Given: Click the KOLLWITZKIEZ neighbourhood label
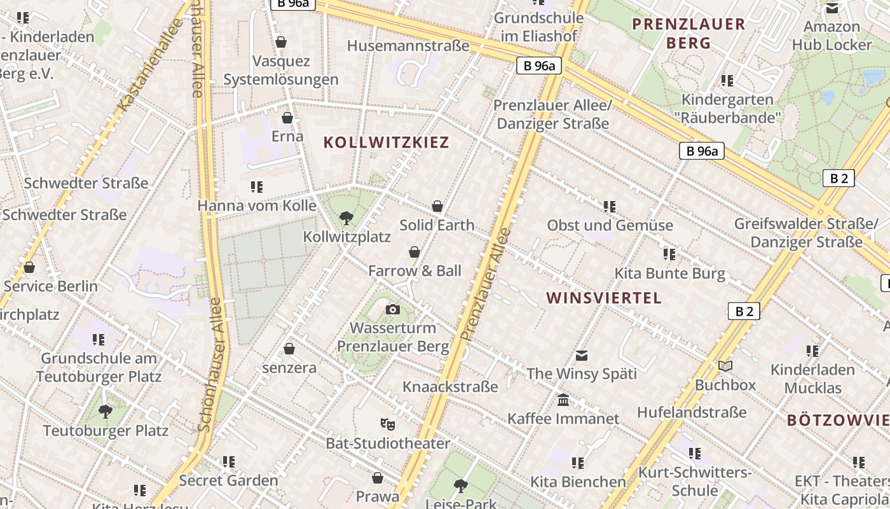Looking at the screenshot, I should (387, 142).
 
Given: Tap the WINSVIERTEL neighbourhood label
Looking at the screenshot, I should (604, 298).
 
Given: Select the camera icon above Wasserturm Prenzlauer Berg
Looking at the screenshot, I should (393, 310).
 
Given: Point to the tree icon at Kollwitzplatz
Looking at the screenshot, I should (346, 218).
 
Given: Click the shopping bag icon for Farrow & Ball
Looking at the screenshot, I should (414, 252).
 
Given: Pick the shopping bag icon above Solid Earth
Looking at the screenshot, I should (437, 206).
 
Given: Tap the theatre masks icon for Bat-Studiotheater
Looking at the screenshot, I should (387, 424).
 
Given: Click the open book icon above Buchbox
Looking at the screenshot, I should (725, 366).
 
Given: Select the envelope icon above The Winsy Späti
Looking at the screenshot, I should (582, 356).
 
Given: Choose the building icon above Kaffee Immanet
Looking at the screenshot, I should (563, 400).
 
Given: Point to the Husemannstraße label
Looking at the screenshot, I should (408, 46).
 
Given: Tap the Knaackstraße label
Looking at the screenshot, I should (450, 386).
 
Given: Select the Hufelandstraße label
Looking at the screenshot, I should (692, 412).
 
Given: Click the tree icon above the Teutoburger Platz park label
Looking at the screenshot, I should (106, 412).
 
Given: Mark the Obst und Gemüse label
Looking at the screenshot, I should (610, 225).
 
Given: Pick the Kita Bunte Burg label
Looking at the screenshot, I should (669, 274).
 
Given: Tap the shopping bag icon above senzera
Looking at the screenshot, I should (289, 349).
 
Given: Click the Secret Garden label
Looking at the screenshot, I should (228, 480).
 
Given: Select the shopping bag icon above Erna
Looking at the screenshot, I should (287, 118).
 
